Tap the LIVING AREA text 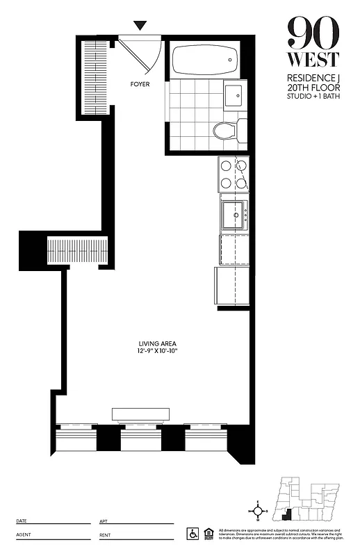click(x=157, y=343)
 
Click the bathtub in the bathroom click(x=204, y=61)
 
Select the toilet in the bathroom click(x=227, y=130)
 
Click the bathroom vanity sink click(x=234, y=93)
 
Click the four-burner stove click(x=234, y=174)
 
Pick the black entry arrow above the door click(x=140, y=26)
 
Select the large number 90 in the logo click(x=314, y=32)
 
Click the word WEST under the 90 click(x=314, y=59)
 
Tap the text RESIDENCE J click(x=314, y=79)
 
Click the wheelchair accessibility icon click(x=192, y=533)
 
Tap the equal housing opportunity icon click(x=206, y=533)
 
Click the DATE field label click(x=22, y=521)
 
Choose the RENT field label click(x=105, y=535)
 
